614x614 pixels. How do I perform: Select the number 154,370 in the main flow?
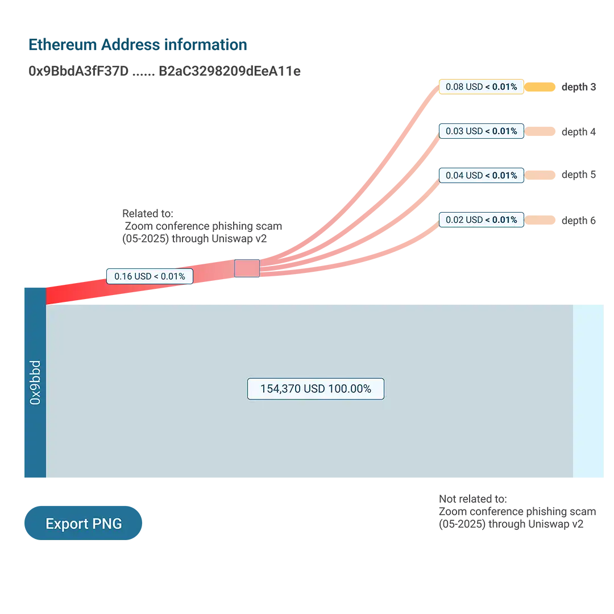point(281,389)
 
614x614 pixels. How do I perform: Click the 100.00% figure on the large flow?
point(349,389)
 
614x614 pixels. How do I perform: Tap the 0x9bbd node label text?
point(35,382)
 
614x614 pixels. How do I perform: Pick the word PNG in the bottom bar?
point(108,524)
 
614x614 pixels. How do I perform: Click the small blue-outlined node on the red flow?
point(247,268)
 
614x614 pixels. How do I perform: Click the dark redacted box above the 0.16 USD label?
point(231,225)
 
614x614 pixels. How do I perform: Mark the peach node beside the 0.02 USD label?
point(542,219)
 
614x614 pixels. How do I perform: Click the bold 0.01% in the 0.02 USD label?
point(505,220)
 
